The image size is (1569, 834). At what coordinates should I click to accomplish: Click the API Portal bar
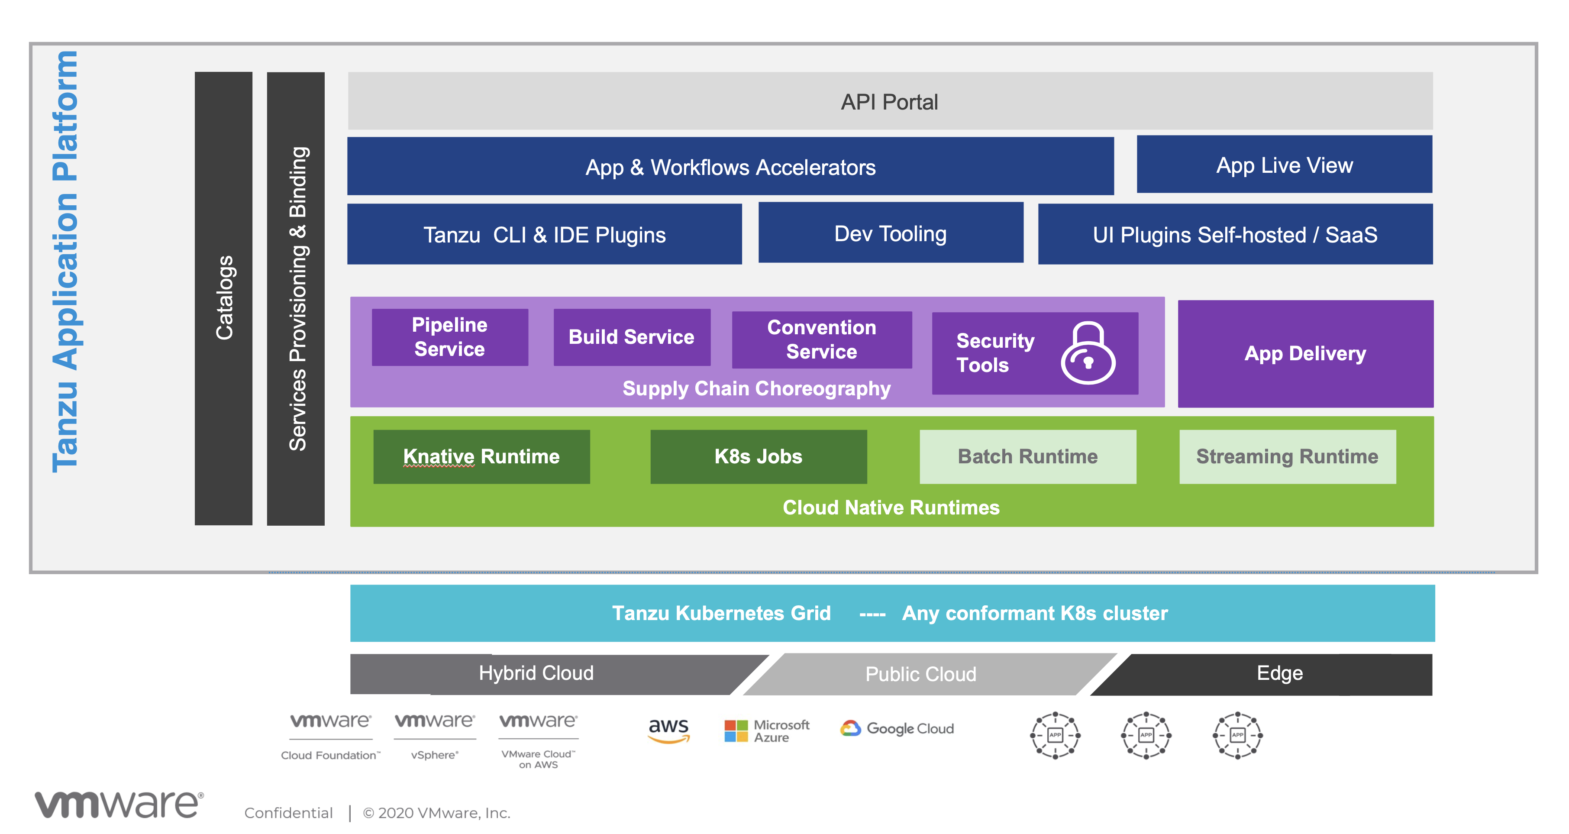pyautogui.click(x=889, y=101)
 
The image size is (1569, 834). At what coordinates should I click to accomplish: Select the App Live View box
pyautogui.click(x=1284, y=165)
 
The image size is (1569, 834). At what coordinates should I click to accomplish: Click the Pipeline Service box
pyautogui.click(x=449, y=337)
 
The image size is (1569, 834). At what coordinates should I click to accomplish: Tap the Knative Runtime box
pyautogui.click(x=481, y=456)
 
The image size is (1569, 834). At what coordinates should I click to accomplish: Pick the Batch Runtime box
pyautogui.click(x=1027, y=456)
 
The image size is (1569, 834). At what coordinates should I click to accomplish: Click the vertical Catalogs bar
pyautogui.click(x=223, y=298)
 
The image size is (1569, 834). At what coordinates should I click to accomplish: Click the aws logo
pyautogui.click(x=668, y=729)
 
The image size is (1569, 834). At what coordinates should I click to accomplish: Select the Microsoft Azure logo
pyautogui.click(x=766, y=731)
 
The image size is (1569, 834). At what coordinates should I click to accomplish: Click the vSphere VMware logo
pyautogui.click(x=434, y=735)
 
